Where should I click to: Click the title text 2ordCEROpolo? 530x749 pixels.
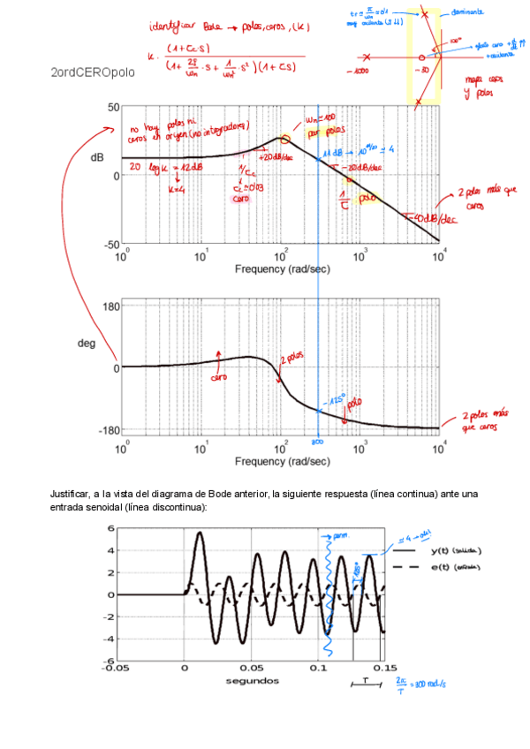[x=93, y=73]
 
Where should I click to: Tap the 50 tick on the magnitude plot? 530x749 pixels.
[x=113, y=108]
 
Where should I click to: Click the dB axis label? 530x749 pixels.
[x=97, y=156]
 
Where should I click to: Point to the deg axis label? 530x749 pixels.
[x=87, y=343]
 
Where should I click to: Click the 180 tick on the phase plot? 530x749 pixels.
[x=110, y=306]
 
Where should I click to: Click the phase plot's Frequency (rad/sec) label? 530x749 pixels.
[x=282, y=461]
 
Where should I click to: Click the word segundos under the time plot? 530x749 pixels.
[x=252, y=681]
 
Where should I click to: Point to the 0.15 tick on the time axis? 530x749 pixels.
[x=384, y=669]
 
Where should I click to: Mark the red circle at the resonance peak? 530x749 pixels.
[x=284, y=140]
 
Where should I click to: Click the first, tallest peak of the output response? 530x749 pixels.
[x=200, y=533]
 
